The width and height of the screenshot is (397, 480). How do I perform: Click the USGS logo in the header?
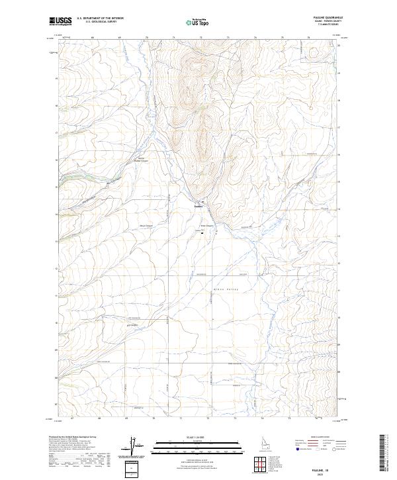pos(61,21)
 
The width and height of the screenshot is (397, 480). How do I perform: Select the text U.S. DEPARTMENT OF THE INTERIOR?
pos(100,19)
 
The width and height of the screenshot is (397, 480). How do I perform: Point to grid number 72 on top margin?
pos(200,38)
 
